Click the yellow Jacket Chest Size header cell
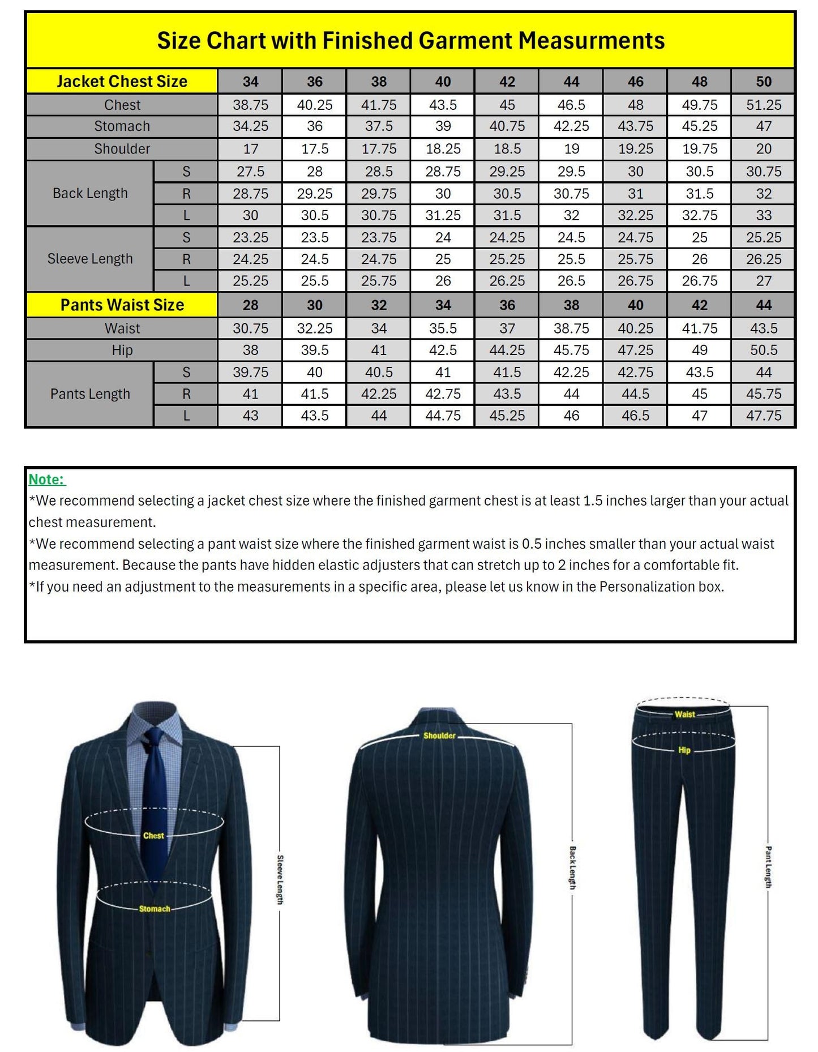[122, 82]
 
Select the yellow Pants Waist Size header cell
[122, 305]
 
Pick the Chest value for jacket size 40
[443, 105]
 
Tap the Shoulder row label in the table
[122, 149]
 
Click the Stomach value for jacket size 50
[763, 126]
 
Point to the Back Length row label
[90, 194]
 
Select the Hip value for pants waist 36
[507, 350]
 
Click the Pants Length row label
[90, 394]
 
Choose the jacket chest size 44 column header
[571, 82]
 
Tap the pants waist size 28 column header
[250, 305]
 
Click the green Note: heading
[47, 480]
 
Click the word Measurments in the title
[592, 41]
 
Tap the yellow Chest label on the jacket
[153, 836]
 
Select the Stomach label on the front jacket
[155, 909]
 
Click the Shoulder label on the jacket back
[439, 736]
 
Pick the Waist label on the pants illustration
[684, 715]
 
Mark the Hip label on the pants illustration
[684, 750]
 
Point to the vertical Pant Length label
[768, 867]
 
